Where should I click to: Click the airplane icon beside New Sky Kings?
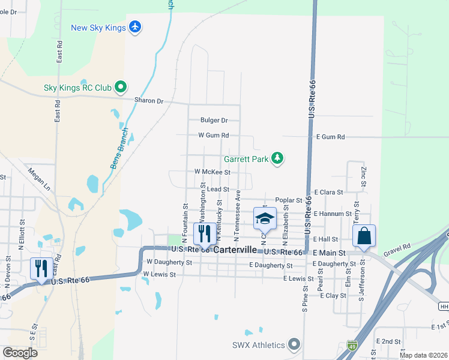point(135,28)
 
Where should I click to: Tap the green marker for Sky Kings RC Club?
point(120,88)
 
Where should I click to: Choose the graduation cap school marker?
point(264,219)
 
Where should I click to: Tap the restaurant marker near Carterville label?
point(205,235)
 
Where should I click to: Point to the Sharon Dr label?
point(149,101)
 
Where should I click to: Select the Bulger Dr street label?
point(214,120)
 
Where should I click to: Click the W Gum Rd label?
point(214,136)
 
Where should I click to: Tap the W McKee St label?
point(212,172)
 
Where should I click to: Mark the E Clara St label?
point(328,193)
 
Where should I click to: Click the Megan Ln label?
point(38,179)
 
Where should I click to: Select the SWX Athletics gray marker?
point(294,345)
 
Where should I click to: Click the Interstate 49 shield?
point(352,346)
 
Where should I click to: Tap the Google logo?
point(20,353)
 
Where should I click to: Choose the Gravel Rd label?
point(399,246)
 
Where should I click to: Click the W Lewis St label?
point(159,275)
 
